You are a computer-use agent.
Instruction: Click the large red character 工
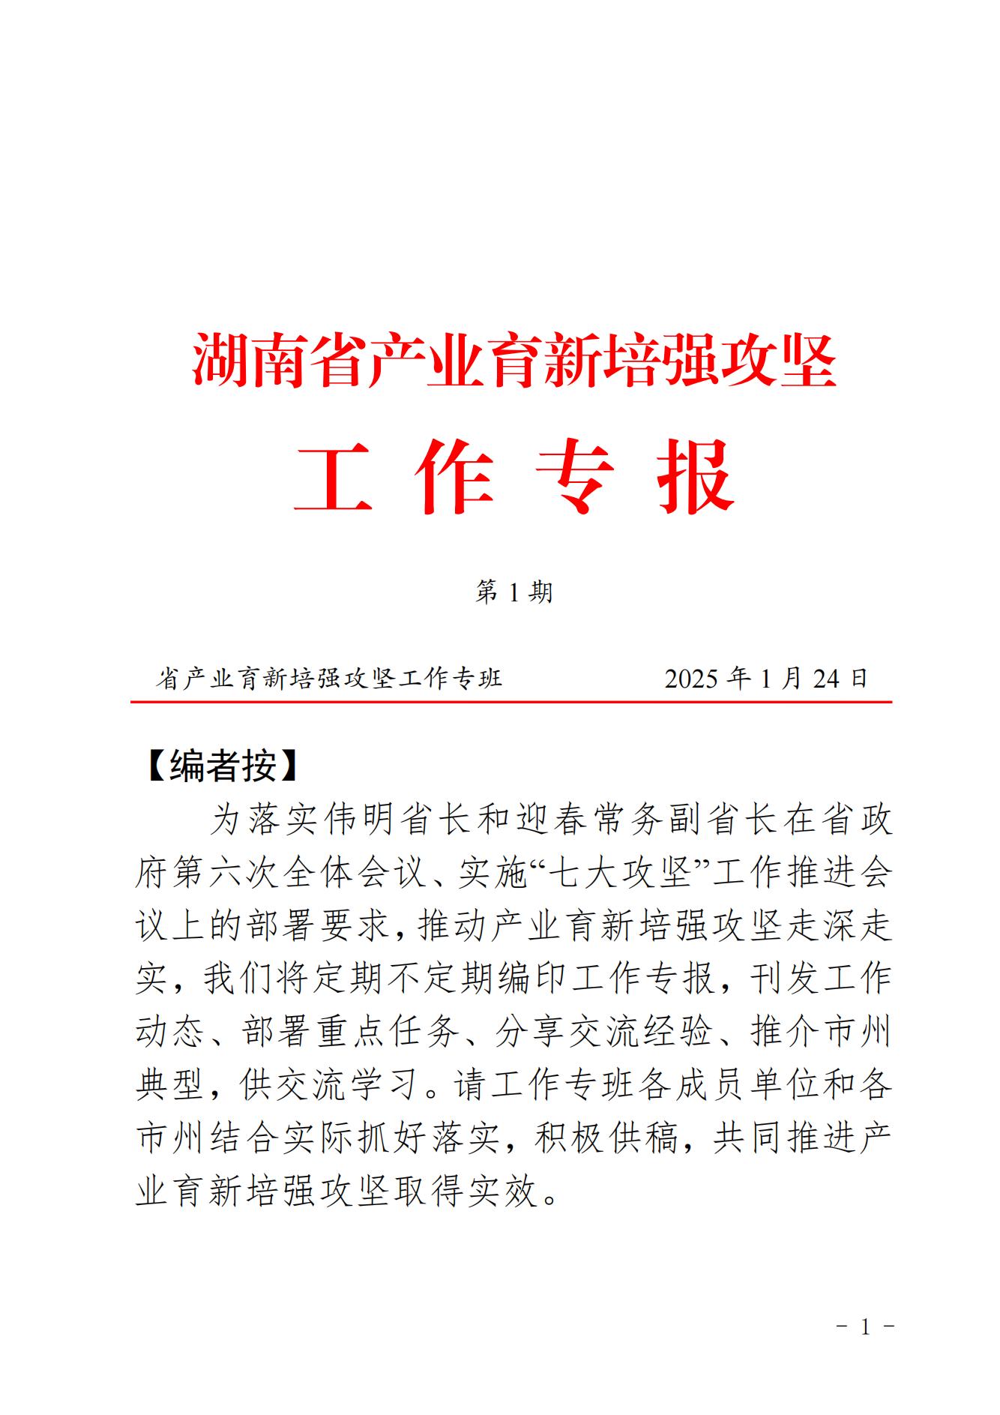pyautogui.click(x=333, y=477)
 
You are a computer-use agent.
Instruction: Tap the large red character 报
pyautogui.click(x=696, y=477)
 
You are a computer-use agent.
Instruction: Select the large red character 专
pyautogui.click(x=575, y=477)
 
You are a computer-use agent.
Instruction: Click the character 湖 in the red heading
pyautogui.click(x=220, y=361)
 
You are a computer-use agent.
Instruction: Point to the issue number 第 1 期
pyautogui.click(x=514, y=593)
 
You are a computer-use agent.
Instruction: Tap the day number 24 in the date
pyautogui.click(x=827, y=679)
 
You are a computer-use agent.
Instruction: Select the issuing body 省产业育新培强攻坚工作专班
pyautogui.click(x=329, y=679)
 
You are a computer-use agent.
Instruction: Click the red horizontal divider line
pyautogui.click(x=511, y=703)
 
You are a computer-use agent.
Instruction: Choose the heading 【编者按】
pyautogui.click(x=223, y=766)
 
